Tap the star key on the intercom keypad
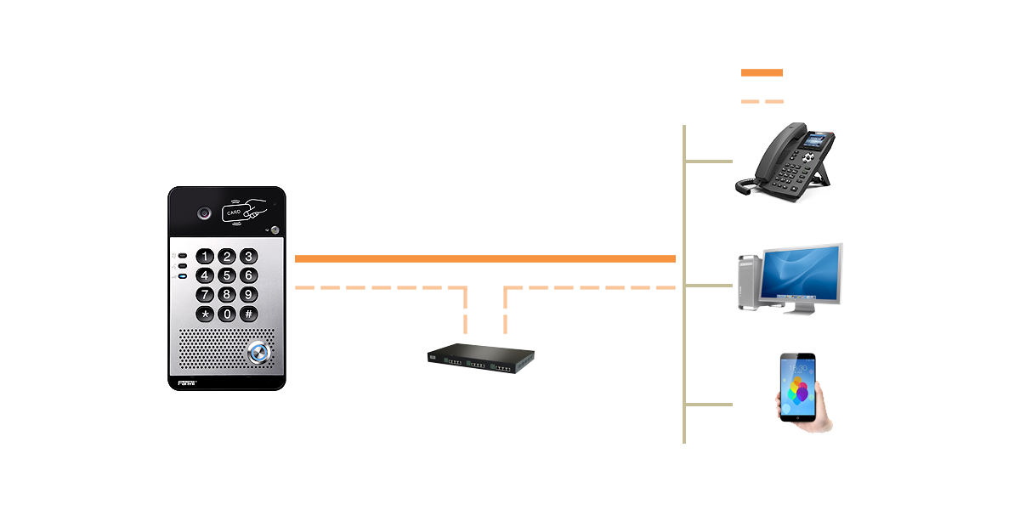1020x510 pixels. pyautogui.click(x=205, y=314)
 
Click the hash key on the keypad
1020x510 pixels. pyautogui.click(x=248, y=314)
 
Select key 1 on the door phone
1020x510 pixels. pyautogui.click(x=205, y=256)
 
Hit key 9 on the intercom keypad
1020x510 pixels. pyautogui.click(x=248, y=294)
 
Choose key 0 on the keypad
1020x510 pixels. pyautogui.click(x=226, y=314)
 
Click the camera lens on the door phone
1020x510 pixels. pyautogui.click(x=204, y=213)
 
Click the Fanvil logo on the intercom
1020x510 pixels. pyautogui.click(x=187, y=383)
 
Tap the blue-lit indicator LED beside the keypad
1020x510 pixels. pyautogui.click(x=182, y=277)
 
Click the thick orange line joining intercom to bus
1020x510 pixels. pyautogui.click(x=484, y=258)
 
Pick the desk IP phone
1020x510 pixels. pyautogui.click(x=786, y=163)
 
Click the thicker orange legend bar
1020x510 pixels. pyautogui.click(x=762, y=73)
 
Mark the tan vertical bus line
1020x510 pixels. pyautogui.click(x=684, y=340)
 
